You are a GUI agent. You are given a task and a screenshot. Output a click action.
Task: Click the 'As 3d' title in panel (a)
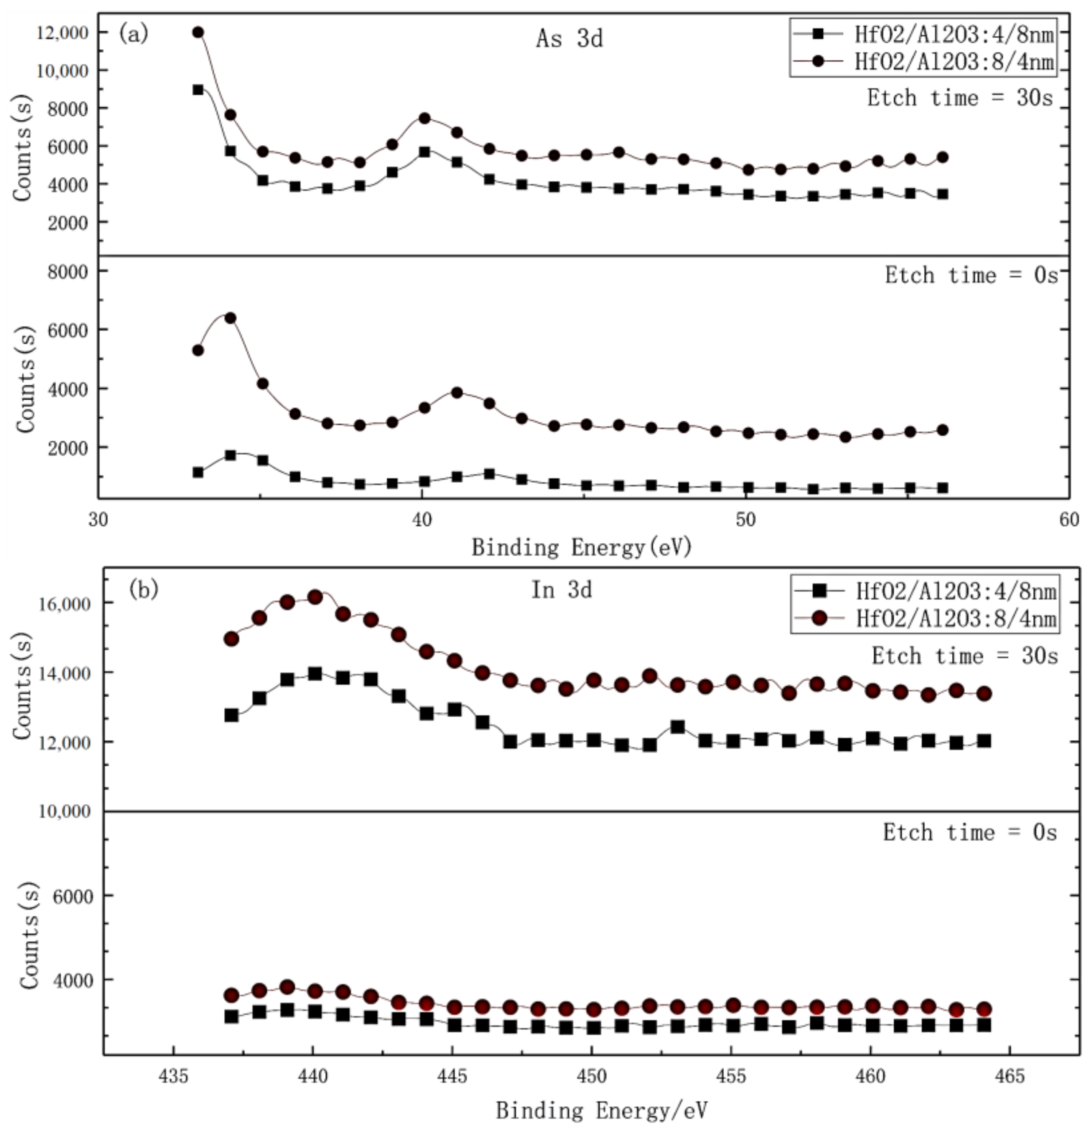(x=569, y=39)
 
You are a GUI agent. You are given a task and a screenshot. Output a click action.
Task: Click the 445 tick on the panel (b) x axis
(x=453, y=1077)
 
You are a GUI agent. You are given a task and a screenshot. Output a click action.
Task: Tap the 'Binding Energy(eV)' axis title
(x=581, y=547)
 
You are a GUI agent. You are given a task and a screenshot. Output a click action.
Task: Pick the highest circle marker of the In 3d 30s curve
(x=315, y=597)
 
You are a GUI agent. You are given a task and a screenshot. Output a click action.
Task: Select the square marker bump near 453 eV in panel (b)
(x=678, y=726)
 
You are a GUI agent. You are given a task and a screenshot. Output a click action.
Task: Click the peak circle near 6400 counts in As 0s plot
(x=230, y=318)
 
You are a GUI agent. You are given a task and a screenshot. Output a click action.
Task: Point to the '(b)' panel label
(x=143, y=589)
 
